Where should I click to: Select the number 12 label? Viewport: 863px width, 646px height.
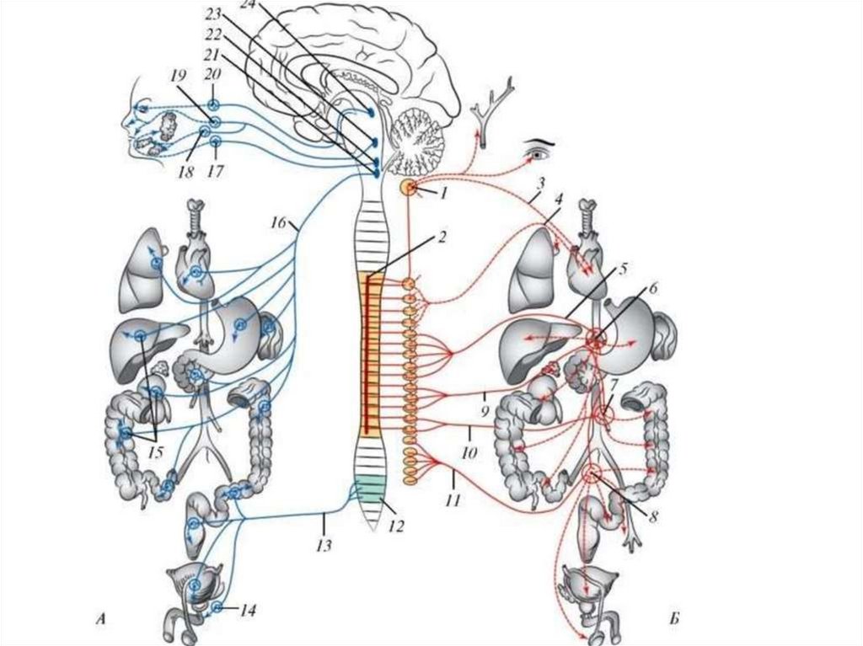[396, 527]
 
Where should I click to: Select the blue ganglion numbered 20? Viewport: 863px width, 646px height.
[213, 104]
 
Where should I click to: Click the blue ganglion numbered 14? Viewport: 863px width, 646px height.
[217, 606]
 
